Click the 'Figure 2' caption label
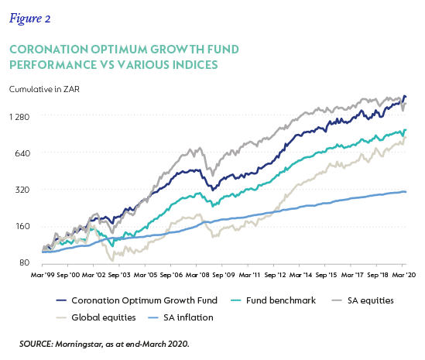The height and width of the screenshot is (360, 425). coord(30,19)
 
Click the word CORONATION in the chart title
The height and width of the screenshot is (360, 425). coord(49,50)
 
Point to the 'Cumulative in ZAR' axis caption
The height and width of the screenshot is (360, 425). coord(44,89)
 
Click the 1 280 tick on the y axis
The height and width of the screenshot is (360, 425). coord(19,117)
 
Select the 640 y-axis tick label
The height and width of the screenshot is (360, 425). coord(22,153)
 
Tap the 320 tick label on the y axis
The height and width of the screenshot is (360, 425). coord(22,190)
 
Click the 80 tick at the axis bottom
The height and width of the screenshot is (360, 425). coord(25,262)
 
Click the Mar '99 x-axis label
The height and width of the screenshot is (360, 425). coord(43,275)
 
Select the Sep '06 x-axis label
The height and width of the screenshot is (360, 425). coord(171,275)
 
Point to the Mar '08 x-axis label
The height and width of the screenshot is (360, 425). coord(197,275)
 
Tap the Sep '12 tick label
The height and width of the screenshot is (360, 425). coord(275,275)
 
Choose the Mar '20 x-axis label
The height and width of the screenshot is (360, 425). coord(404,275)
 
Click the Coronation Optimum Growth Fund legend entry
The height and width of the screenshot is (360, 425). coord(137,300)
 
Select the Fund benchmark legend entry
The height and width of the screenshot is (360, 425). coord(273,300)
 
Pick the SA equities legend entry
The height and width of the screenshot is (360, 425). coord(362,300)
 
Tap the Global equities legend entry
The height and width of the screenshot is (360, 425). coord(96,317)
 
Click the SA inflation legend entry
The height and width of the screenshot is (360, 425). coord(181,317)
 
